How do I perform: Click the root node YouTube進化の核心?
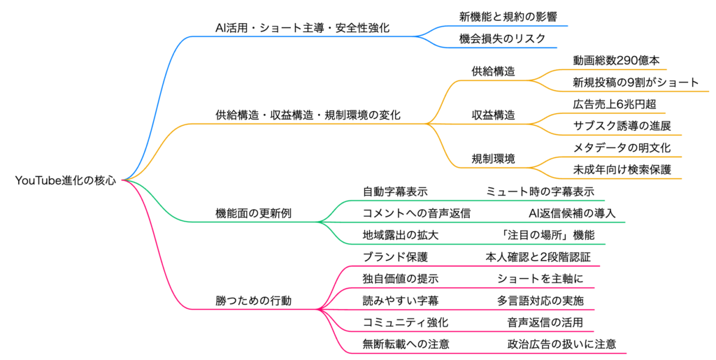(66, 180)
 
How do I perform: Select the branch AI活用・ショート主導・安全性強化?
(302, 28)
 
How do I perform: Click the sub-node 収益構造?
(494, 115)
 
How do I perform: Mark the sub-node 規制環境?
(494, 159)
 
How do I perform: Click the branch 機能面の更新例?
(253, 213)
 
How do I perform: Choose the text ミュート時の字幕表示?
(540, 191)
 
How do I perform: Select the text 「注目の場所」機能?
(545, 235)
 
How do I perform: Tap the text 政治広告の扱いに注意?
(561, 344)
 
